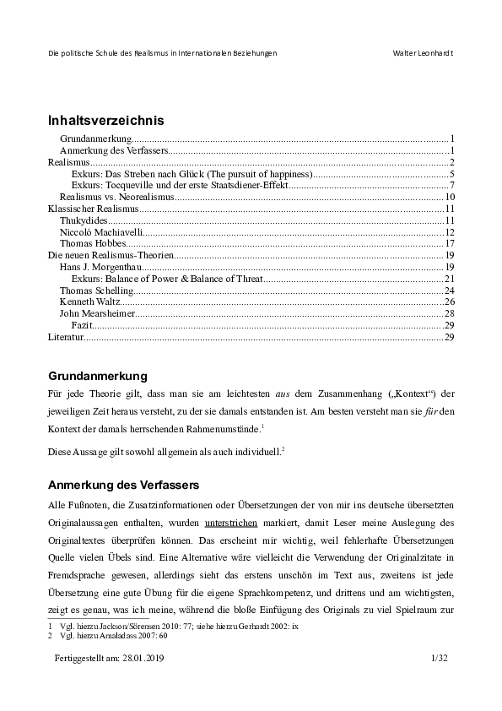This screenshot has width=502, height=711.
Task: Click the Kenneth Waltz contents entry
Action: click(x=84, y=301)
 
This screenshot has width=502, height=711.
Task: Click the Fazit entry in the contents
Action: click(x=82, y=325)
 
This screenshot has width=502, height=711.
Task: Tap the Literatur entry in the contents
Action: click(x=65, y=337)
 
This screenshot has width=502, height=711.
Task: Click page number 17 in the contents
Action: click(x=450, y=244)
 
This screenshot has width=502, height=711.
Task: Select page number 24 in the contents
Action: click(x=450, y=290)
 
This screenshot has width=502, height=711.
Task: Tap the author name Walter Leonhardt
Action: click(x=424, y=53)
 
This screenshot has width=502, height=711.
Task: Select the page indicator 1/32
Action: click(x=442, y=656)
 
